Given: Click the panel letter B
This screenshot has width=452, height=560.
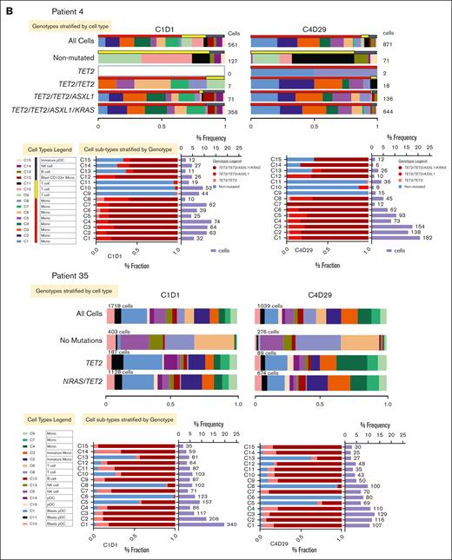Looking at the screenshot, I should [x=7, y=8].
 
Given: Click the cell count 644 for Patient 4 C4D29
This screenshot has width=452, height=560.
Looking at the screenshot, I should [x=388, y=111].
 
